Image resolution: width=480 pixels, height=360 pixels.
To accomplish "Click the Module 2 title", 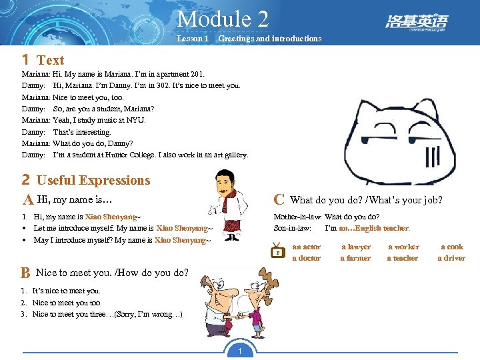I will [x=223, y=18].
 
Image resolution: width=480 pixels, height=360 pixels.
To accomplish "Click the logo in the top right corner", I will [x=417, y=23].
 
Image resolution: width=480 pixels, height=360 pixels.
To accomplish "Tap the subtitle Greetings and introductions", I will [x=269, y=39].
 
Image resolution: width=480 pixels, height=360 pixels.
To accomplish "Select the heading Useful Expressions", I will [x=93, y=180].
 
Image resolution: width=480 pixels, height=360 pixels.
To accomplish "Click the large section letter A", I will [x=28, y=200].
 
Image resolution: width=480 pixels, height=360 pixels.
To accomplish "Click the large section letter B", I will [x=25, y=273].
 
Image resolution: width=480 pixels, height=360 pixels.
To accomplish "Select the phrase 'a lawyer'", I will [x=355, y=247].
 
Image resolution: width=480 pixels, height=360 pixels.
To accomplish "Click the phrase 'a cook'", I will [x=451, y=247].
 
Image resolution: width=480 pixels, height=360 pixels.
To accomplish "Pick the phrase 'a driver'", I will [x=451, y=258].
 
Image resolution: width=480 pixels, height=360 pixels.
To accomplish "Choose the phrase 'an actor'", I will [x=306, y=247].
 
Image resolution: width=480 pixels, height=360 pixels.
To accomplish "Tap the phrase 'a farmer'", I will [x=355, y=258].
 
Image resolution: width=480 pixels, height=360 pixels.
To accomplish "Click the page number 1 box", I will [x=239, y=351].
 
